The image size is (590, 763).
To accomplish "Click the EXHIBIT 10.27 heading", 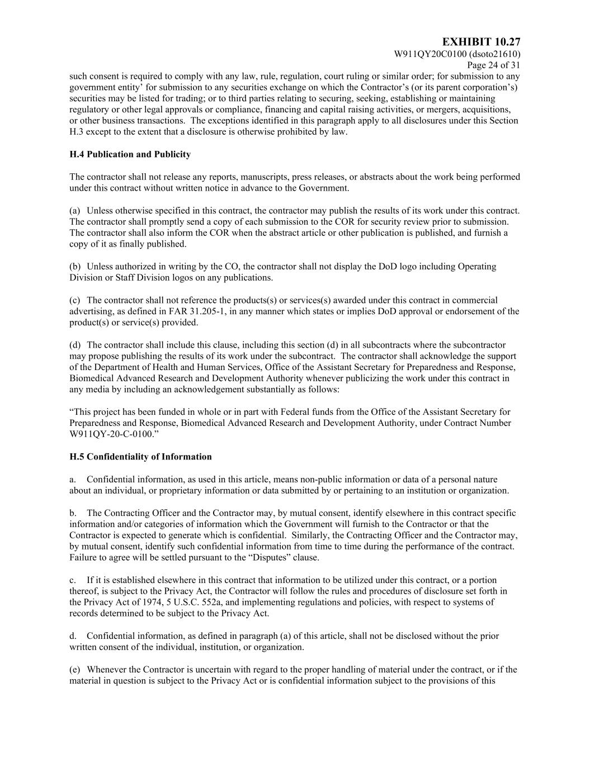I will [481, 42].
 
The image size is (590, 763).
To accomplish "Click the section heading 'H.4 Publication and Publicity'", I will [130, 154].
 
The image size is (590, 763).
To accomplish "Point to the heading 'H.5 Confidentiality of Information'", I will [140, 457].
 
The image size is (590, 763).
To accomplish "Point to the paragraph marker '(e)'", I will [75, 669].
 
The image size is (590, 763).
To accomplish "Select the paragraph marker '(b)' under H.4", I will [75, 267].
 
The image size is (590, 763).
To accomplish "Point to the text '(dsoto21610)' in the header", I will [495, 54].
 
